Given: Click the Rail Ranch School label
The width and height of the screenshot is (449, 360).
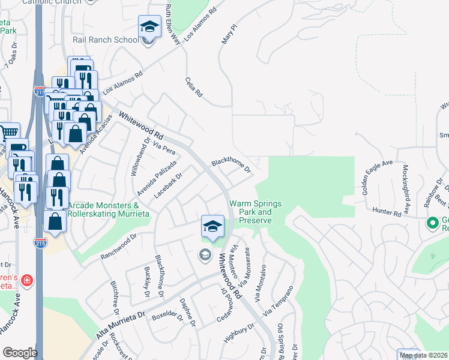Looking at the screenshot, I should (105, 40).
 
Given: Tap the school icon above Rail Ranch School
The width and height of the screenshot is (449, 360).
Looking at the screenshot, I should (149, 27).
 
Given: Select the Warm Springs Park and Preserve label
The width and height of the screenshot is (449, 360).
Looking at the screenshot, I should (255, 212).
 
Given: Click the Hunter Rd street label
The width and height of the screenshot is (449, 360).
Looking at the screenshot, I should (386, 212).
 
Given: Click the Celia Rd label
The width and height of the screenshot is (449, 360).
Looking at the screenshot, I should (194, 87).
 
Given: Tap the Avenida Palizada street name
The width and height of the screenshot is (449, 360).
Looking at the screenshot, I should (157, 178).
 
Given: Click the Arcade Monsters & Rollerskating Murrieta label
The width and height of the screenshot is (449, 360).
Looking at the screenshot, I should (103, 209).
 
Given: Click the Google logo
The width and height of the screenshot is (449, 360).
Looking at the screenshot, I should (20, 353).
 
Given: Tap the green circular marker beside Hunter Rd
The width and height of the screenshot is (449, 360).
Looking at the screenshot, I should (432, 223).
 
